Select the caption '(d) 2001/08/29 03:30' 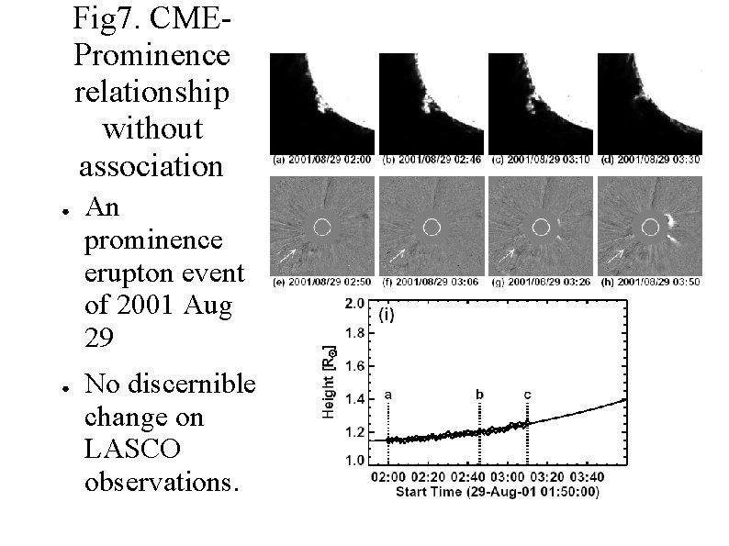point(650,162)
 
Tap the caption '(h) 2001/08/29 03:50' point(650,283)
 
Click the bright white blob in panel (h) point(672,221)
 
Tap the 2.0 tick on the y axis point(355,302)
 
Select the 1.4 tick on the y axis point(355,399)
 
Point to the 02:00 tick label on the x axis point(388,477)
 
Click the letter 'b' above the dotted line point(479,394)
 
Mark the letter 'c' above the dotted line point(527,395)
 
